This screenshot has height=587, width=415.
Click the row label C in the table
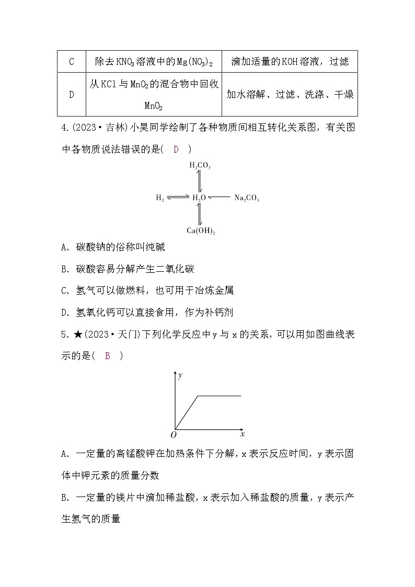pyautogui.click(x=72, y=62)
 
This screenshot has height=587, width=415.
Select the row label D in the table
pyautogui.click(x=72, y=95)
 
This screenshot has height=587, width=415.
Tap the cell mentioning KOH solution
pyautogui.click(x=290, y=62)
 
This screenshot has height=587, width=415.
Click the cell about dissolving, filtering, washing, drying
pyautogui.click(x=290, y=95)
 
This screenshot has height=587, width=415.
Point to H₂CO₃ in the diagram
pyautogui.click(x=200, y=166)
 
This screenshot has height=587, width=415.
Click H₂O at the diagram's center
pyautogui.click(x=199, y=198)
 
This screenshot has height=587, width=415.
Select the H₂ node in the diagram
pyautogui.click(x=160, y=198)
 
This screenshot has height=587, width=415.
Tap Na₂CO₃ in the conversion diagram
pyautogui.click(x=246, y=198)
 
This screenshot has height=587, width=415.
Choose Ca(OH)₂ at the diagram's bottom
pyautogui.click(x=201, y=230)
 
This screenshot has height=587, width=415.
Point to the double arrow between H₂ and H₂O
pyautogui.click(x=178, y=198)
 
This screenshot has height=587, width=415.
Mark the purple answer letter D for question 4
pyautogui.click(x=176, y=149)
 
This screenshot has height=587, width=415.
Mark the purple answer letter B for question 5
pyautogui.click(x=108, y=356)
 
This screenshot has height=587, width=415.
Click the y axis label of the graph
pyautogui.click(x=180, y=375)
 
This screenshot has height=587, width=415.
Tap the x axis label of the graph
pyautogui.click(x=243, y=434)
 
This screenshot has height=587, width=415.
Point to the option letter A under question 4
pyautogui.click(x=64, y=247)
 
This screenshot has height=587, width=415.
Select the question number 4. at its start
pyautogui.click(x=65, y=128)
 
